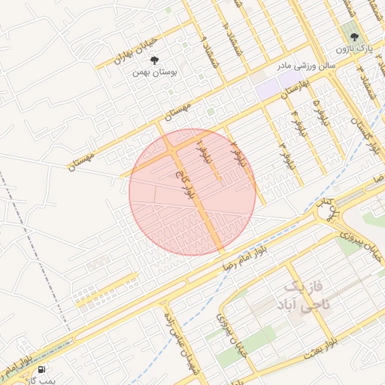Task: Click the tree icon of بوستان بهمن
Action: [155, 59]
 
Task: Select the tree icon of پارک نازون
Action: [350, 35]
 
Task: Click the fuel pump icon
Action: [40, 369]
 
